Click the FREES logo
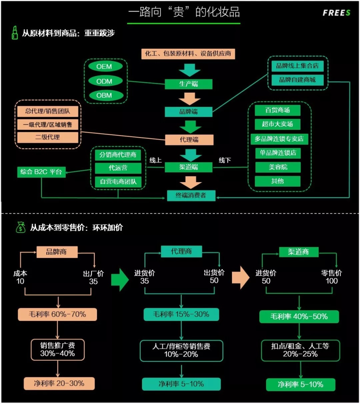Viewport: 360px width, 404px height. click(336, 13)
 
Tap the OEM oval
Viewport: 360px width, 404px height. click(104, 67)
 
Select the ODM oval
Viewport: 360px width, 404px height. click(104, 81)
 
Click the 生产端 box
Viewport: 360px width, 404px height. click(188, 84)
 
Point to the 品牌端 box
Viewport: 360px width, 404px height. click(188, 112)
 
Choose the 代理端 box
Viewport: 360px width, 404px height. click(189, 140)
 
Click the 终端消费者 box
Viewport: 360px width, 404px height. click(191, 195)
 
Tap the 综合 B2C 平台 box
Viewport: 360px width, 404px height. click(41, 172)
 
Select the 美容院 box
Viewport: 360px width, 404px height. click(278, 167)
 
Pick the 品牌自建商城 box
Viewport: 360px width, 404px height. click(297, 80)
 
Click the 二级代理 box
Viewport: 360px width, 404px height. click(47, 137)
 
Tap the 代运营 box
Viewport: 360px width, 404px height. click(118, 168)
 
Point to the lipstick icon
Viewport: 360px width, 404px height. click(15, 33)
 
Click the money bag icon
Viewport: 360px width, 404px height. click(21, 227)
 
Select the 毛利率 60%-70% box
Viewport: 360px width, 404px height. click(57, 314)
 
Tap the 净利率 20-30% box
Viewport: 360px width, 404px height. click(59, 384)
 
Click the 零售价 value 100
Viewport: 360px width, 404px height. click(332, 281)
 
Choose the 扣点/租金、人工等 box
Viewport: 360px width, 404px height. click(300, 350)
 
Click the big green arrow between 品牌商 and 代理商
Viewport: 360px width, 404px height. click(120, 280)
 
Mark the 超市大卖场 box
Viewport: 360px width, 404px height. click(277, 124)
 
